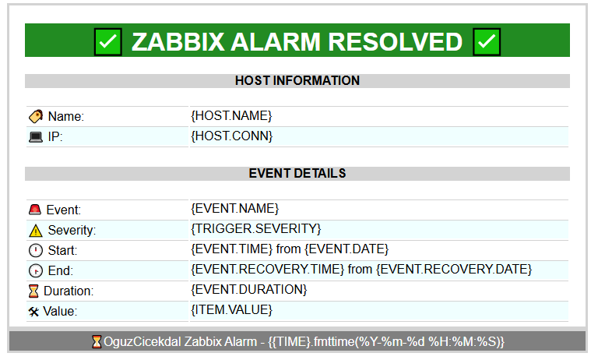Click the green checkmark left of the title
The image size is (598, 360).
pos(108,41)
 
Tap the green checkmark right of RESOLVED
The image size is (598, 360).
pos(487,41)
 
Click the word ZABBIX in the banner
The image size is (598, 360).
pos(178,41)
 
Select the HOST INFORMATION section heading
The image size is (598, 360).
pos(297,80)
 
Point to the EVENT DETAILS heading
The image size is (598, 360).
pos(297,173)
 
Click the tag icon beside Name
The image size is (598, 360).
pos(36,116)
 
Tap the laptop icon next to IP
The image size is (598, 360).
pos(36,136)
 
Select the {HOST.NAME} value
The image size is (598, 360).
pos(231,115)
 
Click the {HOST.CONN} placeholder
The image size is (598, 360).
pos(232,136)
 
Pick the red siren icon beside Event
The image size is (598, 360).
pos(35,210)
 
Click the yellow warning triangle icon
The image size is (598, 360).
pos(36,231)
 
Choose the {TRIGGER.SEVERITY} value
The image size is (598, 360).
pos(256,228)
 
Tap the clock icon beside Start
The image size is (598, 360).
pos(36,250)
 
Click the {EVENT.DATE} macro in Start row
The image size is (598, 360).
pos(346,249)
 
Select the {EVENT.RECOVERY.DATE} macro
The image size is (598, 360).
pos(454,269)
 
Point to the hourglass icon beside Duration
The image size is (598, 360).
pos(33,291)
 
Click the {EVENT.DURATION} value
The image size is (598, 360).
pos(248,289)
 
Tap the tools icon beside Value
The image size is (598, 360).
pos(33,312)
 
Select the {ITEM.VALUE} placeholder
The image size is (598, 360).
pos(231,309)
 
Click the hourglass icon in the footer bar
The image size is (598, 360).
pos(97,341)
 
